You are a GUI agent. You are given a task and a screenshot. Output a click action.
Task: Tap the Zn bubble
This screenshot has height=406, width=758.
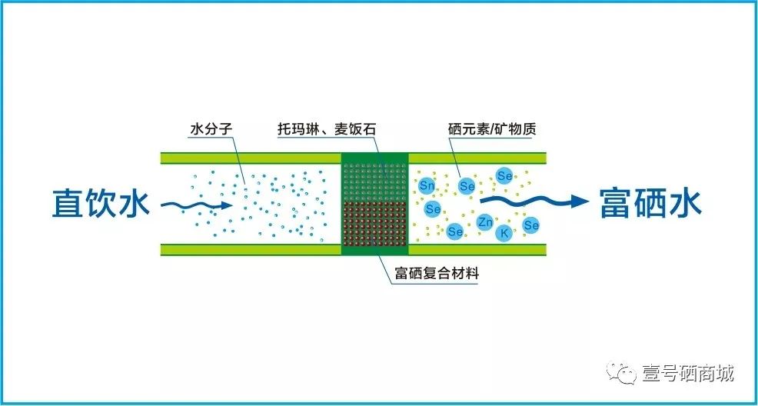[485, 222]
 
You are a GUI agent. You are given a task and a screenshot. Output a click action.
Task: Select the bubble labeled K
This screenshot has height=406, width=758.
[504, 232]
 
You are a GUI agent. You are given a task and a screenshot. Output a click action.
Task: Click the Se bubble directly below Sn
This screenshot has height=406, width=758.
[433, 208]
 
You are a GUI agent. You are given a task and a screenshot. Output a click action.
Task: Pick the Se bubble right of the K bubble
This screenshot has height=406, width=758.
[531, 225]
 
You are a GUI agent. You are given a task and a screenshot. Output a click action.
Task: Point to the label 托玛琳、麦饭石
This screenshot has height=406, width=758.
[327, 128]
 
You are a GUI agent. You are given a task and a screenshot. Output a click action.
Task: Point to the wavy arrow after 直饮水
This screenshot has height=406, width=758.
[195, 205]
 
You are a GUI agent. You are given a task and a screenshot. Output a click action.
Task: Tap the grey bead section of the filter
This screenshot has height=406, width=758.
[374, 178]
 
